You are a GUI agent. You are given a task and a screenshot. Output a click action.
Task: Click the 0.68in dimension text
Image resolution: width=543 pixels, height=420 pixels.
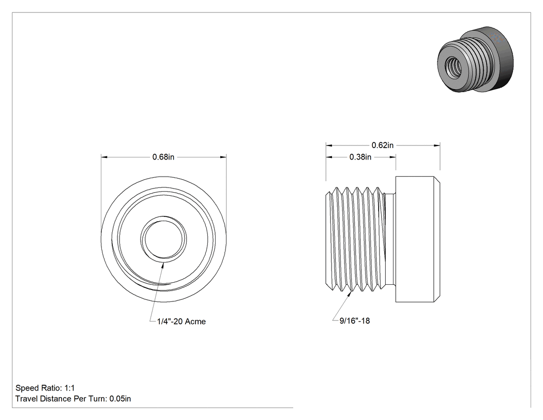163,157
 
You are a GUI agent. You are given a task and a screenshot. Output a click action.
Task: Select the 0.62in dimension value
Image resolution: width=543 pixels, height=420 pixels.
383,146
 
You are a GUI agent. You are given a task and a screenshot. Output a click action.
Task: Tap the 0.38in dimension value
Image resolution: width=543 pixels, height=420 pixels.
360,157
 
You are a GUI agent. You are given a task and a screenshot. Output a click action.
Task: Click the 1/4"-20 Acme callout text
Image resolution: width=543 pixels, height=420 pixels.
182,322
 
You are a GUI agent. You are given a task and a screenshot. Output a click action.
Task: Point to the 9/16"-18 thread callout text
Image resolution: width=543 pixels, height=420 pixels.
355,321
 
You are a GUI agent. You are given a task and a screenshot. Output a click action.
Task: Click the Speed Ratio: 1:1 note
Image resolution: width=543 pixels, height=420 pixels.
45,388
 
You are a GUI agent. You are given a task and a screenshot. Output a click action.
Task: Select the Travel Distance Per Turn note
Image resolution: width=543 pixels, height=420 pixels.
73,399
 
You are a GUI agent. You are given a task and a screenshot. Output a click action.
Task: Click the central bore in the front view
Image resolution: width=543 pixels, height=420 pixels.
164,240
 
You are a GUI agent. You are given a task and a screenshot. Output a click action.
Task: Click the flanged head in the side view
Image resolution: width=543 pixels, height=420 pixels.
418,239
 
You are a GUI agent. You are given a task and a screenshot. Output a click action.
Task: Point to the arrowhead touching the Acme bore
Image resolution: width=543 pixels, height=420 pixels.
163,265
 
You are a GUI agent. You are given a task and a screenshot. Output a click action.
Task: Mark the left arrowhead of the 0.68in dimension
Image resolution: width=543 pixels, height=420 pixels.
104,157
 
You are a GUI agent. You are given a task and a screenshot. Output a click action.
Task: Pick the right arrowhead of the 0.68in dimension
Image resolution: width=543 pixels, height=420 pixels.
223,157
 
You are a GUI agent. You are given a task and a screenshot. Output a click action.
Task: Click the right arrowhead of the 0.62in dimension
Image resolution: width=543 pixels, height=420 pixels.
436,146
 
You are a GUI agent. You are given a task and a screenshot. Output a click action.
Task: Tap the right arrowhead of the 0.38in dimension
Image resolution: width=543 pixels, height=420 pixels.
393,157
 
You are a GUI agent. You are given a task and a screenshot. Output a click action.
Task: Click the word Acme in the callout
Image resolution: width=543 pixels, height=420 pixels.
195,322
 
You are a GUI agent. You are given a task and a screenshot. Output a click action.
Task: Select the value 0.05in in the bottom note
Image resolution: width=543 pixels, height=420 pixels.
120,399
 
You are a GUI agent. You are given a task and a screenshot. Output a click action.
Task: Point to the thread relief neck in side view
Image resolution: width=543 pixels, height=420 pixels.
391,239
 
